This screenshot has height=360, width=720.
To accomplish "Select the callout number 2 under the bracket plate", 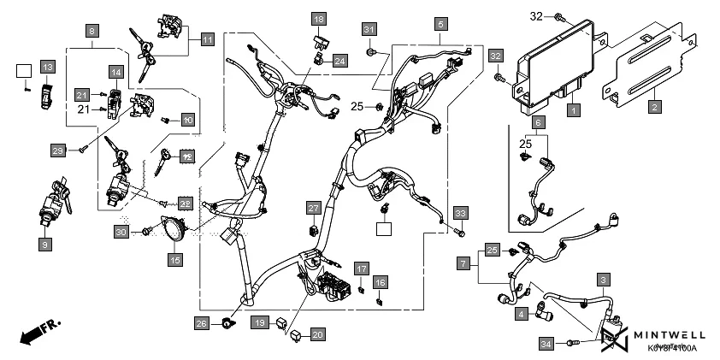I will tap(654, 107).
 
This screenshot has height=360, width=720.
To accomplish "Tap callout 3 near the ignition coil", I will tap(604, 280).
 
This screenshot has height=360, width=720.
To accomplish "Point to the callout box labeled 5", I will tap(440, 24).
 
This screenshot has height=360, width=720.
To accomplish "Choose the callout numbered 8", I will tap(92, 31).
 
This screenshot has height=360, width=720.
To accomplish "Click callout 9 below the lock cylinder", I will tap(44, 245).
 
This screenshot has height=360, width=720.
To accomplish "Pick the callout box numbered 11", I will tap(207, 38).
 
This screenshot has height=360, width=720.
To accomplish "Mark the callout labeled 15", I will tap(174, 258).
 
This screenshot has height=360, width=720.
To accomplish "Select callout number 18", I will tap(318, 19).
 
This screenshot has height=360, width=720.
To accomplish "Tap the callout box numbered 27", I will tap(314, 208).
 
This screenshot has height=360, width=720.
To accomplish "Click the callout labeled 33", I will tap(461, 212).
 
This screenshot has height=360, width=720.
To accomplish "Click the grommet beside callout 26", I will tap(228, 323).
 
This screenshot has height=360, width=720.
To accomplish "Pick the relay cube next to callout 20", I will tap(295, 335).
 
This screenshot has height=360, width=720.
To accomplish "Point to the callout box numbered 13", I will tap(47, 67).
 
